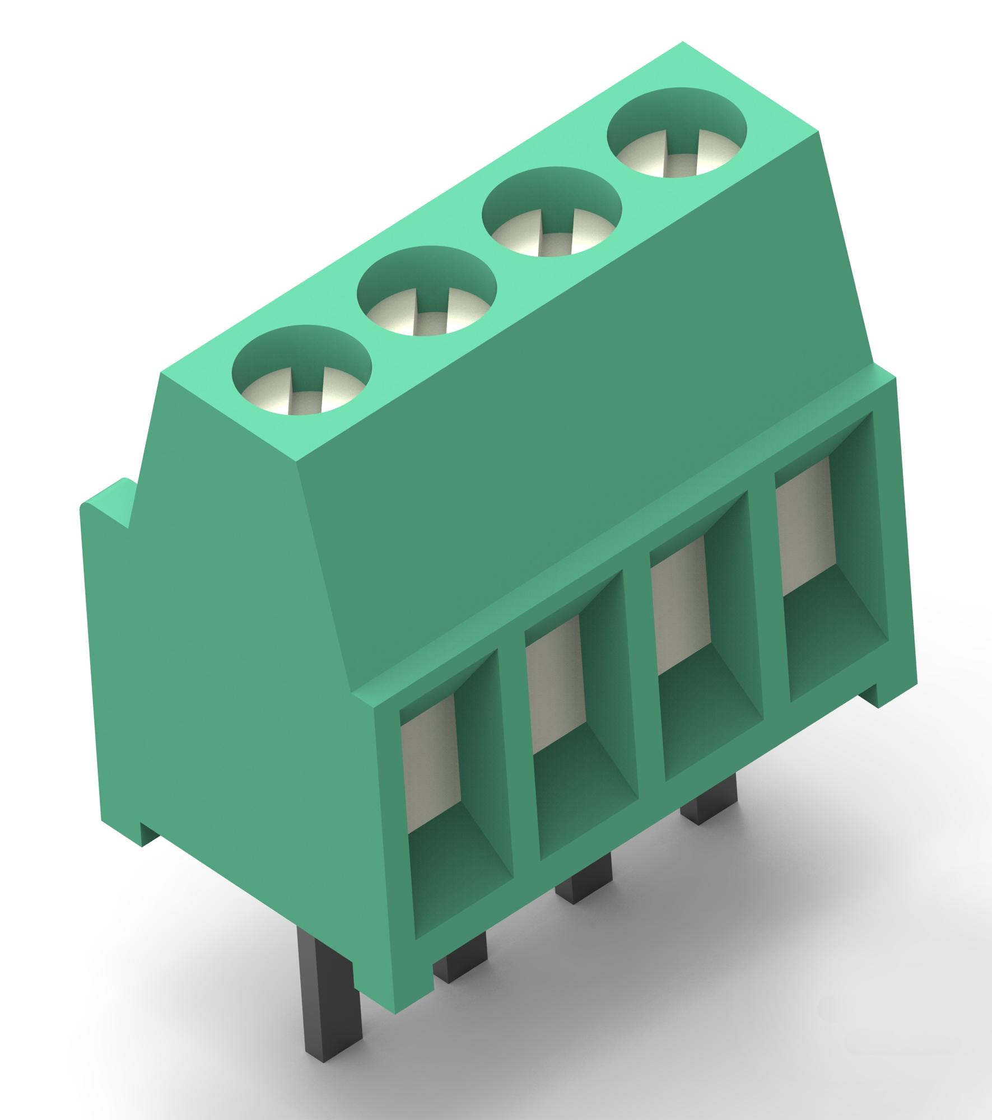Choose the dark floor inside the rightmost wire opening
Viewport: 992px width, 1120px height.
click(837, 650)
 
